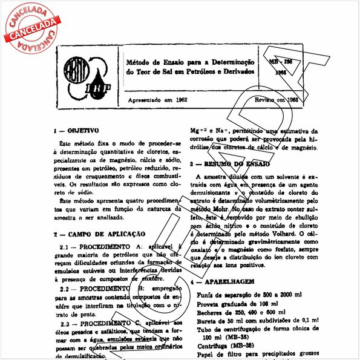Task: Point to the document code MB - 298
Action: (x=280, y=62)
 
